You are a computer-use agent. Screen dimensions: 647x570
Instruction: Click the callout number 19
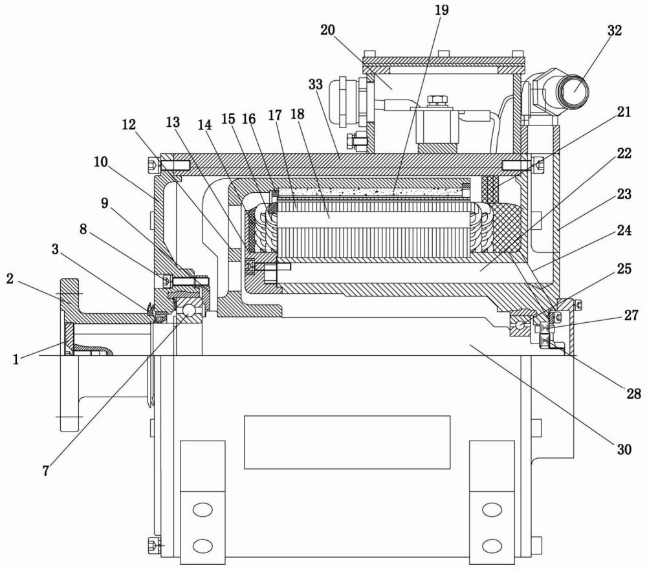(x=441, y=10)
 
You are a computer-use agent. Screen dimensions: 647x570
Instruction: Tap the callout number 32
(x=615, y=30)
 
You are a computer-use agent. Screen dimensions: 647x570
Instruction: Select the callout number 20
(x=327, y=30)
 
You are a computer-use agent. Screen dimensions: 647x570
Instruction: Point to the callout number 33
(x=316, y=84)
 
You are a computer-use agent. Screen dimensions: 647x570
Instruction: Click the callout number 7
(x=46, y=470)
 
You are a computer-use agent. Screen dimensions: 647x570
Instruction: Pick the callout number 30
(x=624, y=448)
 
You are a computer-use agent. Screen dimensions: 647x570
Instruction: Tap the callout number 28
(x=634, y=393)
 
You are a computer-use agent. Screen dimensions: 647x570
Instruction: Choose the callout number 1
(x=16, y=360)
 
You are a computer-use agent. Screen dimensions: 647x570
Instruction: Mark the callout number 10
(x=100, y=162)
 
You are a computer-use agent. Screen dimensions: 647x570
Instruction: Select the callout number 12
(x=129, y=124)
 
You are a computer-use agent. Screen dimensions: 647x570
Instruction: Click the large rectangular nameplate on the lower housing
(x=347, y=442)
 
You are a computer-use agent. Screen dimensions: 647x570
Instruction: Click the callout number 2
(x=10, y=279)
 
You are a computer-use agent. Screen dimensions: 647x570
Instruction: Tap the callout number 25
(x=624, y=269)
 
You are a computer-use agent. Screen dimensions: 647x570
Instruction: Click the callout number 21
(x=624, y=113)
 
